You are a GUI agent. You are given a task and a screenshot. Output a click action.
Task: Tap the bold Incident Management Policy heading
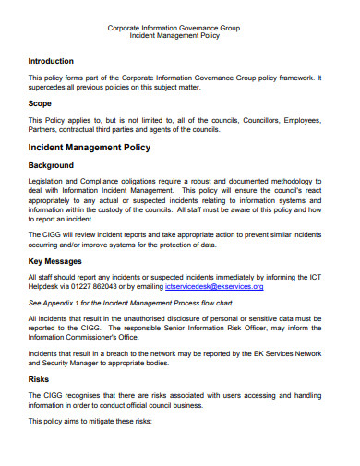(89, 147)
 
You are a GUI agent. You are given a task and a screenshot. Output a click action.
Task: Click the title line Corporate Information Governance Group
(175, 29)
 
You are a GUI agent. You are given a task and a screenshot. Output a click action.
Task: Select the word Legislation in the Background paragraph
(49, 182)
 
